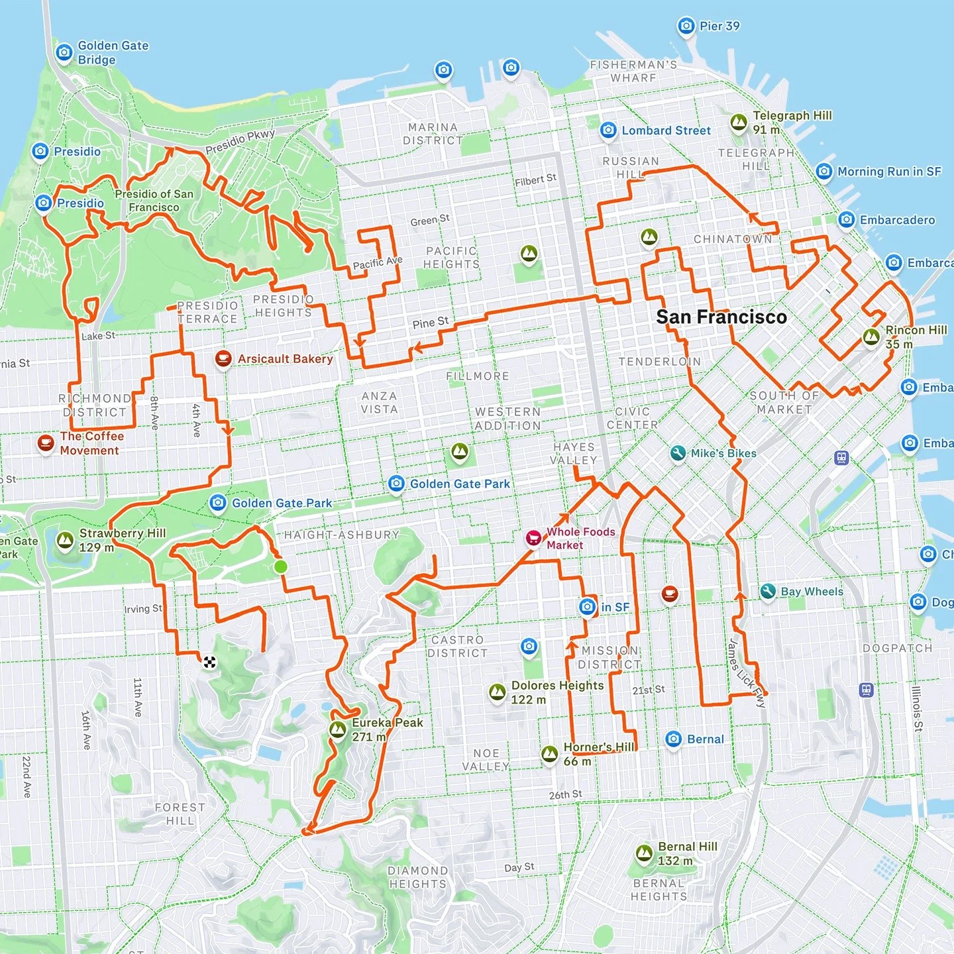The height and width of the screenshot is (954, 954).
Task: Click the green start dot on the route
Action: point(280,566)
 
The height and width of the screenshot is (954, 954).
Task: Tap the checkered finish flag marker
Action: point(209,662)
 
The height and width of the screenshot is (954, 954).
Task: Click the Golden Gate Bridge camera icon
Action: point(64,52)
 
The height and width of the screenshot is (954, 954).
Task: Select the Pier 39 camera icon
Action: point(686,26)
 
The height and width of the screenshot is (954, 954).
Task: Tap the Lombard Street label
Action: point(666,131)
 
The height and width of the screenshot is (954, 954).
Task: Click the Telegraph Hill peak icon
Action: point(739,123)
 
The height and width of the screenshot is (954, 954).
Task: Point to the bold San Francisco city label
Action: point(721,317)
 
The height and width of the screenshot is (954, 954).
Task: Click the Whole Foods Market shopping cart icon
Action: point(534,538)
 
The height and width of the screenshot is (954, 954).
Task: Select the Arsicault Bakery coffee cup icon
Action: point(223,358)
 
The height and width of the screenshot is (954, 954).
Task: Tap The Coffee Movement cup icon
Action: point(46,443)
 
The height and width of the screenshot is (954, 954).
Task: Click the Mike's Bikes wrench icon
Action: point(677,453)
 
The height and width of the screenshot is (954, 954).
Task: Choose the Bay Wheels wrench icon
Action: point(768,591)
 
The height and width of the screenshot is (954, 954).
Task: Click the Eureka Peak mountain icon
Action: point(338,729)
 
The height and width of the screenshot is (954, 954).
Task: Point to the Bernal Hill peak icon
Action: point(644,853)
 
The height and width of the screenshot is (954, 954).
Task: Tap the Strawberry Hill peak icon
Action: point(65,541)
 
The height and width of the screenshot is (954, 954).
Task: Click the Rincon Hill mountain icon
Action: point(871,337)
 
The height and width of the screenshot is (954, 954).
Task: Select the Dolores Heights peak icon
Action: point(497,692)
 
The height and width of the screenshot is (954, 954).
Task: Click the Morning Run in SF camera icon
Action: point(823,172)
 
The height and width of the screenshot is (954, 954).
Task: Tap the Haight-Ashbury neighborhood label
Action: point(342,535)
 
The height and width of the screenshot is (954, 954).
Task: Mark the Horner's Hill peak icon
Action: point(549,754)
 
